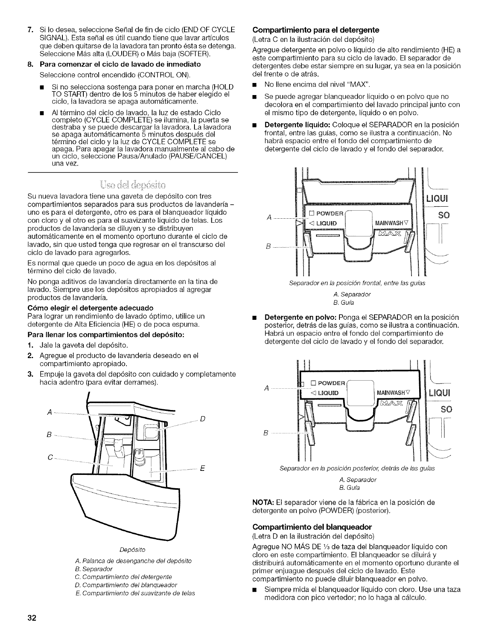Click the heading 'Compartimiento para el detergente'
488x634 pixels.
[x=316, y=29]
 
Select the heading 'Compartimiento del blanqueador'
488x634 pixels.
[x=312, y=526]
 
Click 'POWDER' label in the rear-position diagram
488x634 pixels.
[x=332, y=383]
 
